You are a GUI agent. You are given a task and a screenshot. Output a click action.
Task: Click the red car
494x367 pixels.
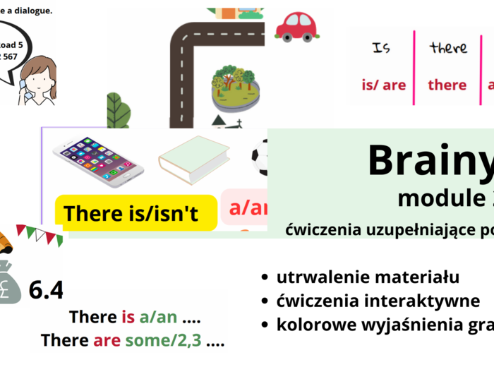click(x=296, y=27)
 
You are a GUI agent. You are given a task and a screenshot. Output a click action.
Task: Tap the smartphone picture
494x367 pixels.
click(x=98, y=161)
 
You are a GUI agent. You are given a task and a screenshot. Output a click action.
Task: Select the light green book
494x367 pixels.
click(x=194, y=159)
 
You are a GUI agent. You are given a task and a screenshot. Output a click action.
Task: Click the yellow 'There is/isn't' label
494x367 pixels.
click(x=135, y=214)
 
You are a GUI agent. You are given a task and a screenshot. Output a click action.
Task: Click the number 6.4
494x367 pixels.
click(x=47, y=289)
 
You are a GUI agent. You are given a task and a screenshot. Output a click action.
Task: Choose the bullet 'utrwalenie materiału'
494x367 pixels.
click(x=367, y=277)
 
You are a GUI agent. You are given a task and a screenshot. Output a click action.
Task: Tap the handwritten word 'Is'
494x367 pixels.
click(x=382, y=48)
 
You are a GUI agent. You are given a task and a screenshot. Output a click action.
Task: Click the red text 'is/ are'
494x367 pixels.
click(x=383, y=85)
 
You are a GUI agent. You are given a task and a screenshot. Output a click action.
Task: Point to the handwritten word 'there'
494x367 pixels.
click(x=448, y=48)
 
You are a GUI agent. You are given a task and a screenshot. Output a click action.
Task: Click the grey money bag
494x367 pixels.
click(x=12, y=282)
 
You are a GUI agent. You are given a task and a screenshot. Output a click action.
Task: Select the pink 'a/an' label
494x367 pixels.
click(x=247, y=208)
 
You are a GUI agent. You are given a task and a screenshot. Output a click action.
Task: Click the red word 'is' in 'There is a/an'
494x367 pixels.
click(x=128, y=318)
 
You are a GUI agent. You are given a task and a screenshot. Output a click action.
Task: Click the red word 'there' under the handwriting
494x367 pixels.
click(x=447, y=85)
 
